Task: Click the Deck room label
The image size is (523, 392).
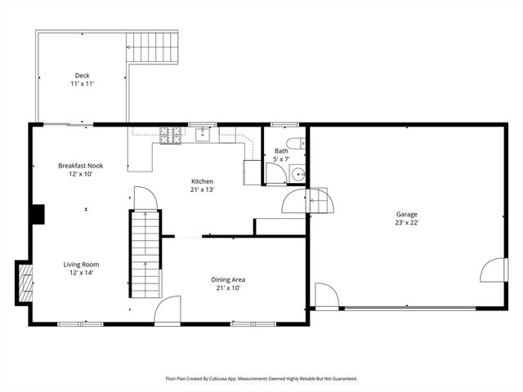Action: pos(82,80)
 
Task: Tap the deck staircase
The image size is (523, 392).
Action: pos(152,47)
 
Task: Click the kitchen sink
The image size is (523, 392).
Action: pos(203,135)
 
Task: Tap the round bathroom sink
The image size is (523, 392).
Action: pos(298,174)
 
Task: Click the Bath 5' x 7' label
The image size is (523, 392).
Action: pos(281,155)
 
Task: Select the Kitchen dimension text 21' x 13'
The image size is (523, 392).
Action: pos(202,190)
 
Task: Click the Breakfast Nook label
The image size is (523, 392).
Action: pos(80,170)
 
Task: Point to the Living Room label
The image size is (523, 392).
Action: pos(82,269)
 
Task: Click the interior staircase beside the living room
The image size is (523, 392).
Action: pos(145,253)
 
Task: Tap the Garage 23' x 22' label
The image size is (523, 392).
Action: pos(406,219)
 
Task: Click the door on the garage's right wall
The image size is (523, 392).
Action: pos(494,269)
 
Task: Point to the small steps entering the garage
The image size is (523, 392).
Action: pos(321,201)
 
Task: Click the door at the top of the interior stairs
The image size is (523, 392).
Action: pos(143,198)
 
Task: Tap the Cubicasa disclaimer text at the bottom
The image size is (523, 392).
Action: pos(261,379)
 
